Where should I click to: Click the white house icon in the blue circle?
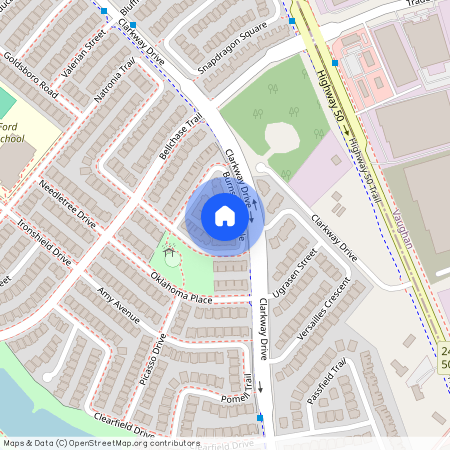pyautogui.click(x=225, y=216)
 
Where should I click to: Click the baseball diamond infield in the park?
pyautogui.click(x=279, y=135)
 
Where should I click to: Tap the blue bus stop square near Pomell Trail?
pyautogui.click(x=261, y=417)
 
